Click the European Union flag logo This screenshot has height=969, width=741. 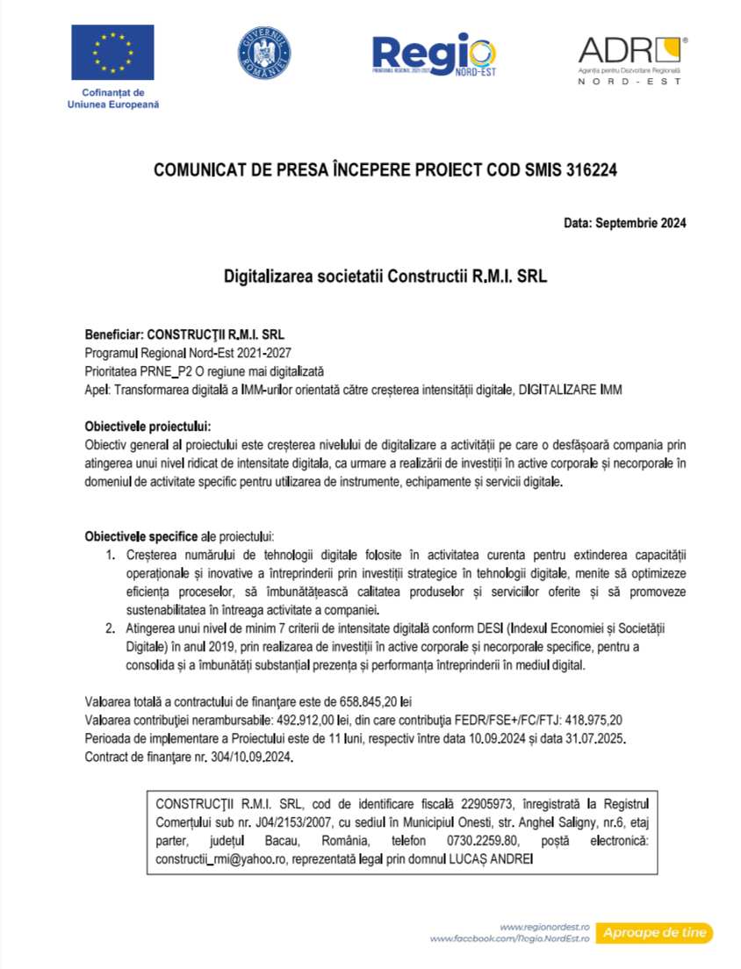coord(112,52)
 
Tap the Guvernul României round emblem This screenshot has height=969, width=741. coord(264,52)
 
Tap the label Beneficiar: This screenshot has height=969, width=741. coord(113,334)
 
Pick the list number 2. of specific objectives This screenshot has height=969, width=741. coord(111,628)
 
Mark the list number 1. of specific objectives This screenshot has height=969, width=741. coord(111,554)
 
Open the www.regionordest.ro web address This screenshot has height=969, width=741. coord(543,927)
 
